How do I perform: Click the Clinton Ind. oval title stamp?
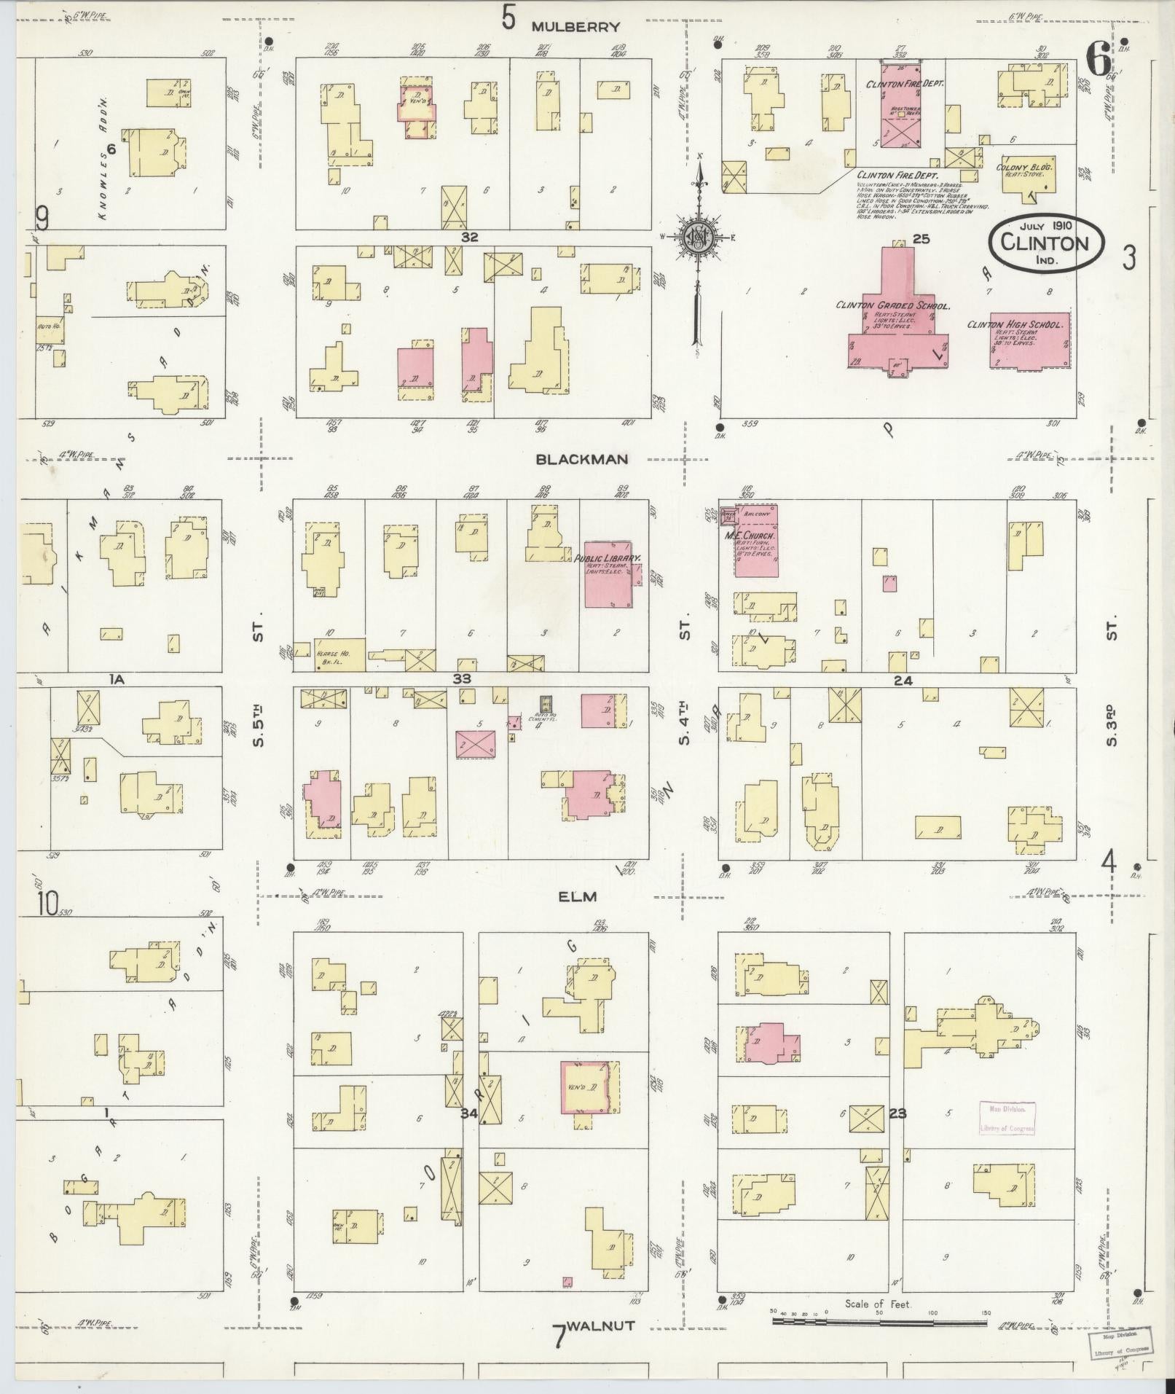pyautogui.click(x=1046, y=243)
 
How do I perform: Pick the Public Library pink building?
pyautogui.click(x=608, y=574)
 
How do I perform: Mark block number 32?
pyautogui.click(x=468, y=237)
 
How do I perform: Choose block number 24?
pyautogui.click(x=903, y=681)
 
